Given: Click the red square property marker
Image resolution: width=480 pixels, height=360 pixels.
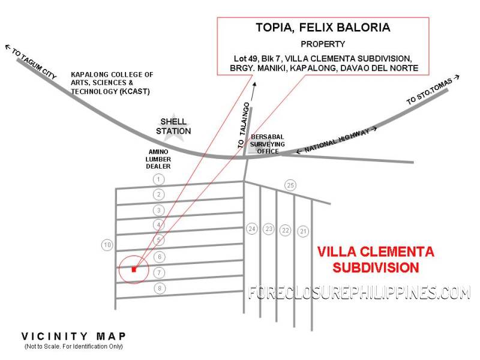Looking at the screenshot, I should (134, 269).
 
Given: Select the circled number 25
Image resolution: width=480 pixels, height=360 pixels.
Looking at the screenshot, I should (290, 185).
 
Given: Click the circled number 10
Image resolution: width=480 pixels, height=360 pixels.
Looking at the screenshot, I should (107, 245).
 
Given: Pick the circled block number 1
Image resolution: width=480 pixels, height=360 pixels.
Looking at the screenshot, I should (158, 179).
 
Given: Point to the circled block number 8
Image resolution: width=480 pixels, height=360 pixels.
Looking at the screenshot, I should (158, 289).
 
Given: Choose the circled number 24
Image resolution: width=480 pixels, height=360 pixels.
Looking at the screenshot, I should (252, 229).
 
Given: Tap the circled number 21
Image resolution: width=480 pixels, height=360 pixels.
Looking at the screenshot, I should (304, 231).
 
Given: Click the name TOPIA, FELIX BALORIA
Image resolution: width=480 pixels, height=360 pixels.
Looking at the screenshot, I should (323, 28).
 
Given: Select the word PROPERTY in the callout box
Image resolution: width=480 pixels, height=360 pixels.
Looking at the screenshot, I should (323, 44).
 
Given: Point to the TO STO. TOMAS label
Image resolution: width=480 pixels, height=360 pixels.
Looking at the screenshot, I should (433, 91).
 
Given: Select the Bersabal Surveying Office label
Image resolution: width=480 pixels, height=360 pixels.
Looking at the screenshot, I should (265, 145).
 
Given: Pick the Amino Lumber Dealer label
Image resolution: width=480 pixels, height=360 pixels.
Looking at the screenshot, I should (159, 159).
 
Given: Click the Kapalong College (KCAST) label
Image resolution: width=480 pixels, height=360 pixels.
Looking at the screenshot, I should (112, 83).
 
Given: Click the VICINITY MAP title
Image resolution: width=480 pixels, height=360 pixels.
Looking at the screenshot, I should (74, 337).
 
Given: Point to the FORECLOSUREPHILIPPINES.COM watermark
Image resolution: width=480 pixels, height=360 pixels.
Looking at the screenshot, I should (359, 293).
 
